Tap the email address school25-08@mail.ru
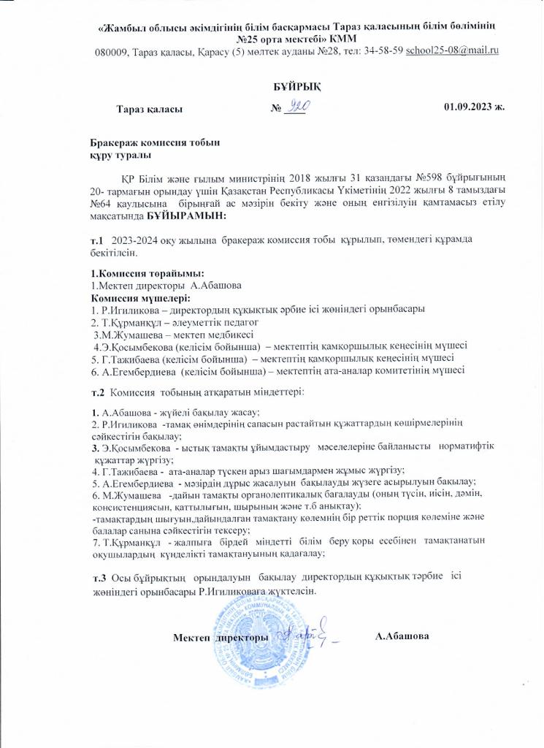pos(452,50)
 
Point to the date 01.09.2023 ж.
pos(474,108)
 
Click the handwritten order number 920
pos(299,107)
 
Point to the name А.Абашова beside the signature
pos(402,637)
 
